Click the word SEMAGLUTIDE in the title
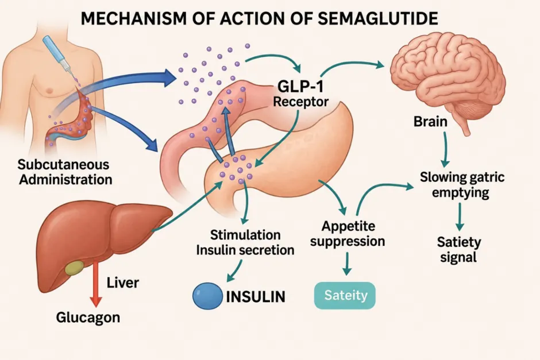pos(377,18)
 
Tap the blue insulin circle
pos(207,296)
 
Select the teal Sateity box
pos(345,295)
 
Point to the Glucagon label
pos(88,318)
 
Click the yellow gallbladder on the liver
pos(74,268)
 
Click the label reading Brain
pos(430,122)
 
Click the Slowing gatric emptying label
pos(462,185)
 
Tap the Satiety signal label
pos(459,250)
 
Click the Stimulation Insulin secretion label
pos(245,243)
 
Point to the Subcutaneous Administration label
pos(65,172)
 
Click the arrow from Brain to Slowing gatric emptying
pos(445,149)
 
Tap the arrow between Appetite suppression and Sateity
pos(347,264)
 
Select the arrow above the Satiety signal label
pos(460,216)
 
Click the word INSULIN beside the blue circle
pos(256,297)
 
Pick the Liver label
pos(122,282)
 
